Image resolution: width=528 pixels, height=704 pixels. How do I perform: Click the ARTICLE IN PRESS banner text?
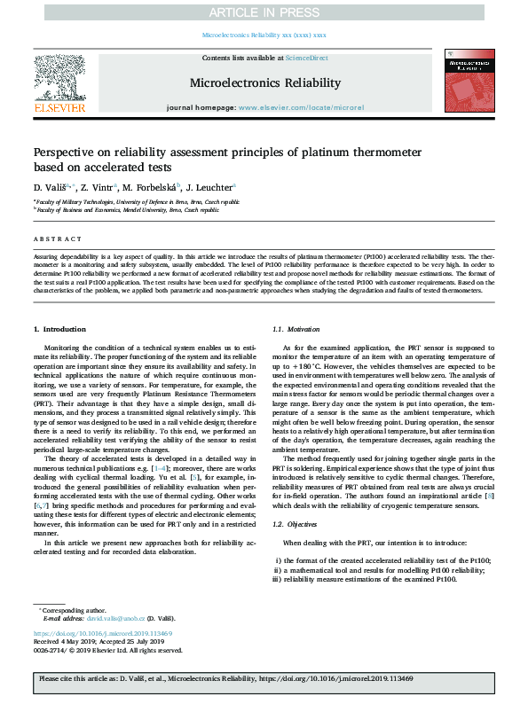tap(264, 12)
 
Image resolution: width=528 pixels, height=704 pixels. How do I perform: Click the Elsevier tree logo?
tap(59, 78)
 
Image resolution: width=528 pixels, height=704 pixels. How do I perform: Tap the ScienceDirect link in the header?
tap(307, 58)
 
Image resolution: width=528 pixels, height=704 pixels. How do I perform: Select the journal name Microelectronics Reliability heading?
tap(264, 82)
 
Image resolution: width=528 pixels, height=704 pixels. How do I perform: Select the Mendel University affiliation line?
tap(128, 211)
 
